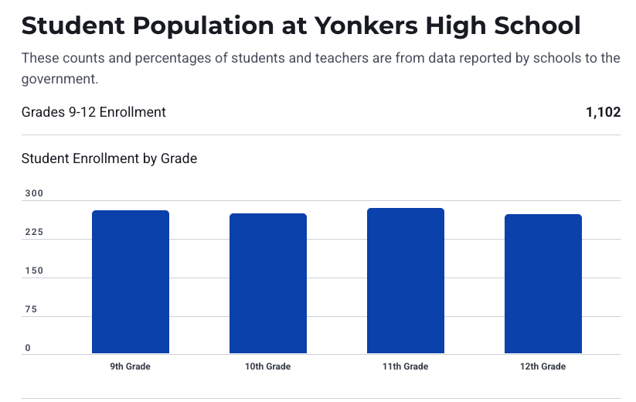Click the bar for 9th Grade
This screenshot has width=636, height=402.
(130, 282)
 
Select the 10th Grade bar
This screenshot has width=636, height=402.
(267, 284)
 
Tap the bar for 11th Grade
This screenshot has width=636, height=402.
(405, 281)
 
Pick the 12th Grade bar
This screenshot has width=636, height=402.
(542, 284)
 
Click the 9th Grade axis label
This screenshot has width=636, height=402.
(130, 366)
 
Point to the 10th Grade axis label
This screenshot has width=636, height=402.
(267, 366)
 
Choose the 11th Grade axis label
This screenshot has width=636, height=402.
(405, 366)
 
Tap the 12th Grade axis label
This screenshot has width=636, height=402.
(542, 366)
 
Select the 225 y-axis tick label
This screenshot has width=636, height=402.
(32, 233)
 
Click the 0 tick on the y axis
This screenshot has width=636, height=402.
(27, 349)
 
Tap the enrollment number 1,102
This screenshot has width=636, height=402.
(603, 112)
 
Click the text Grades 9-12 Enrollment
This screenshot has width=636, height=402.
(94, 112)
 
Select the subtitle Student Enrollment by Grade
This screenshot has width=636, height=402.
(109, 158)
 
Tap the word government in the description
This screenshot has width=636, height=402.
(60, 78)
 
